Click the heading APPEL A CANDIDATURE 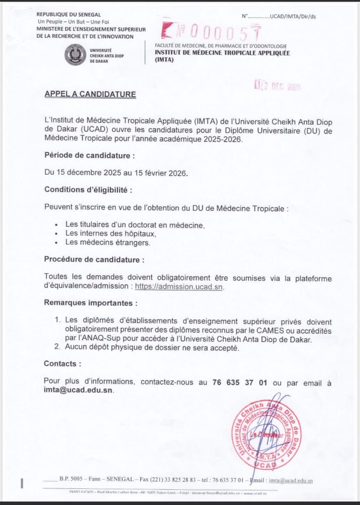(90, 94)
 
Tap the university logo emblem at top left (75, 55)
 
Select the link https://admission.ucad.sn (179, 286)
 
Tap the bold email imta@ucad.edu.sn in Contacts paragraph (78, 390)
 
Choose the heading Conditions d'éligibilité (88, 190)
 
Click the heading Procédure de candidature (94, 259)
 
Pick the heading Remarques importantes (90, 302)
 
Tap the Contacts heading (62, 363)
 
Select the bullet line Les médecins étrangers (108, 243)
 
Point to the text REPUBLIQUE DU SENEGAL (68, 15)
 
